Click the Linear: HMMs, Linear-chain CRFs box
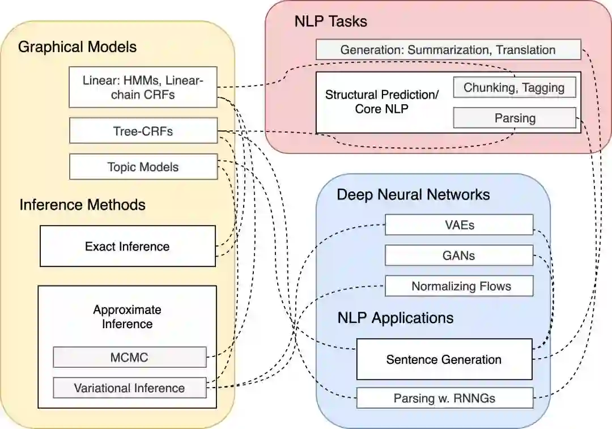[143, 87]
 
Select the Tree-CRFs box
[143, 131]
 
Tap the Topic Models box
[143, 167]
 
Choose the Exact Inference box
[127, 246]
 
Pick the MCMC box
[129, 358]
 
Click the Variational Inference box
[129, 388]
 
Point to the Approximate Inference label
[127, 317]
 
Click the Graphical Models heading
[77, 46]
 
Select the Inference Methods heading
[82, 204]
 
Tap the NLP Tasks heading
[330, 22]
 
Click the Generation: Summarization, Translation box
[448, 49]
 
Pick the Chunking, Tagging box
[514, 87]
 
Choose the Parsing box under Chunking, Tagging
[514, 118]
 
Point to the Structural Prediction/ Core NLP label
[381, 101]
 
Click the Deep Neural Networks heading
[413, 195]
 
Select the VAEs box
[458, 224]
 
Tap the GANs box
[458, 255]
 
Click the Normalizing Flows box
[459, 286]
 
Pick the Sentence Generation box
[444, 359]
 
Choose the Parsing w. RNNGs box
[444, 398]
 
